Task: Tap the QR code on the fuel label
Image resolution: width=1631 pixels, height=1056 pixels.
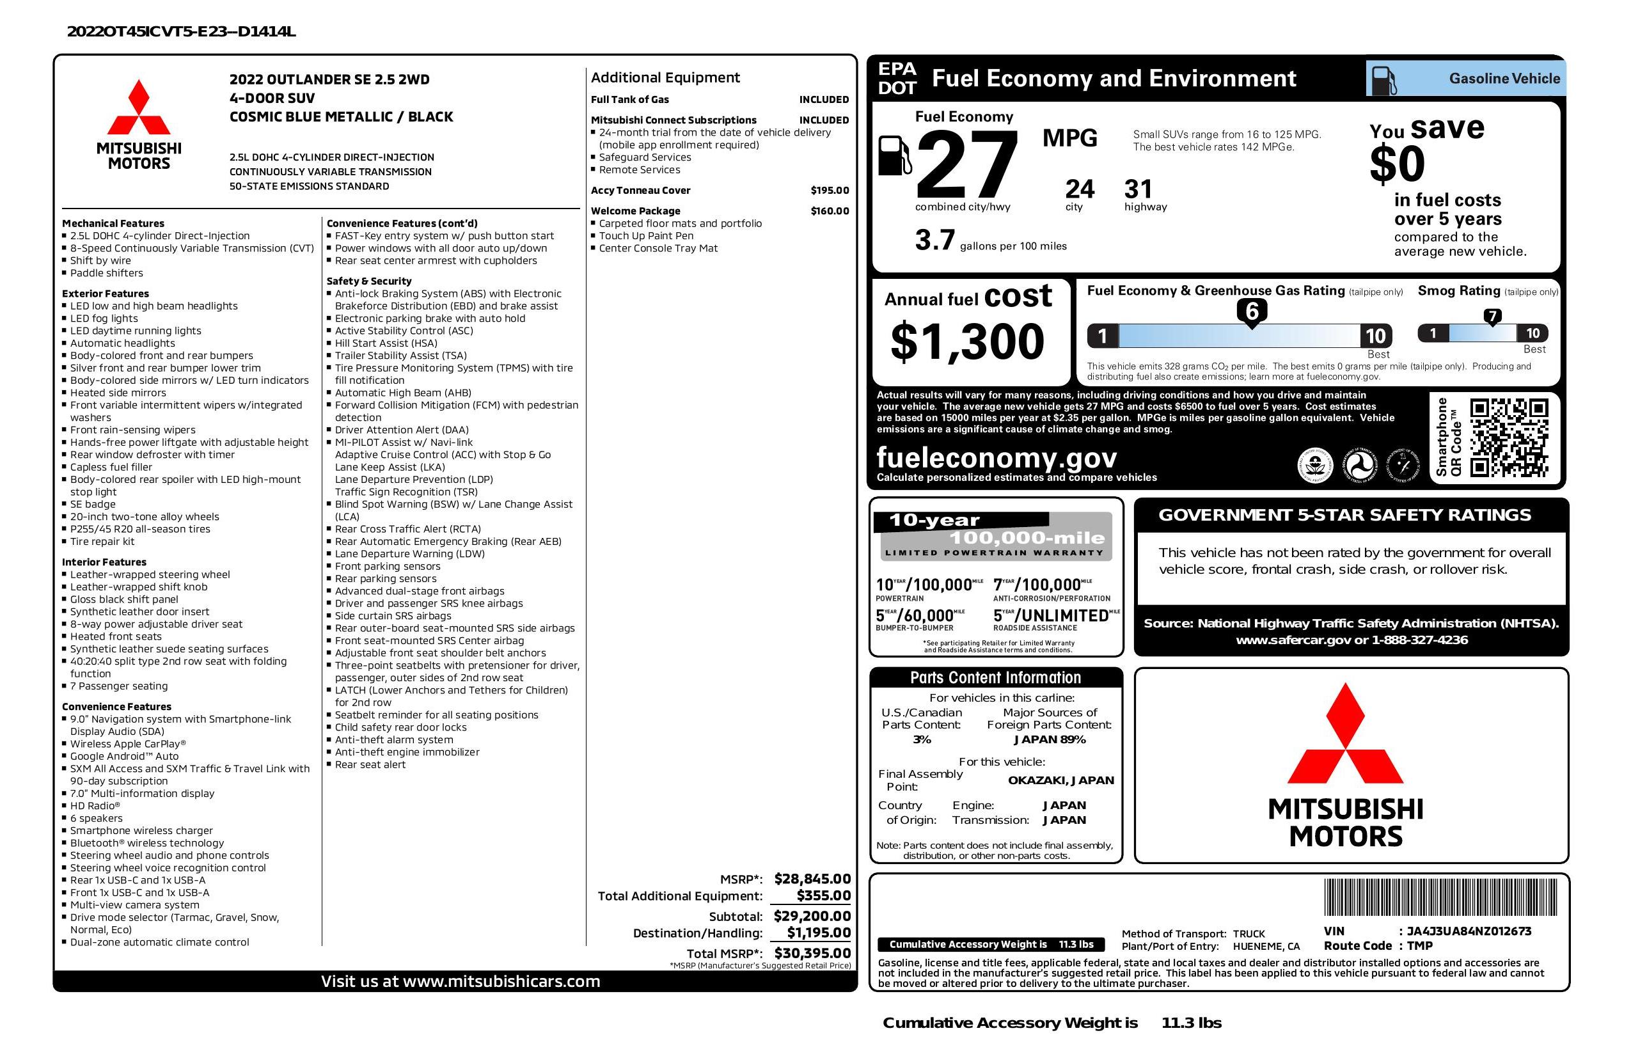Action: coord(1508,437)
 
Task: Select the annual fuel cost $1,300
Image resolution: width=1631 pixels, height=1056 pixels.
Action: coord(967,342)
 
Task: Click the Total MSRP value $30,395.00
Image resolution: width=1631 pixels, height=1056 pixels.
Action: coord(812,952)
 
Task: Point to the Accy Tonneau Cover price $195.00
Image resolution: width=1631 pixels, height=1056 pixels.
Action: coord(829,191)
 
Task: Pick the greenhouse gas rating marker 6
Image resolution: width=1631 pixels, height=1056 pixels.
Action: coord(1251,311)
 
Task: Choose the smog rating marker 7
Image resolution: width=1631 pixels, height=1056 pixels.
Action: coord(1492,316)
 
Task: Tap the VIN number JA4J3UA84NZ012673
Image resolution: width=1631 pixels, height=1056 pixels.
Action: coord(1469,931)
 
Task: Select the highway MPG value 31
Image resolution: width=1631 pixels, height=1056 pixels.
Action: coord(1139,189)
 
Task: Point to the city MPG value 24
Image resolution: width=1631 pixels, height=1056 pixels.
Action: coord(1080,189)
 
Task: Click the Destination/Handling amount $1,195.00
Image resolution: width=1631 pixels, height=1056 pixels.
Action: coord(818,933)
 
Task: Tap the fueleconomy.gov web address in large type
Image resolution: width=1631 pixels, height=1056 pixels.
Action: coord(997,457)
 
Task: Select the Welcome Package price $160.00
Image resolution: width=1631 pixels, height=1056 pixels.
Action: coord(829,211)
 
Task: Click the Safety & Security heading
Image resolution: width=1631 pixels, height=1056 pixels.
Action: coord(368,281)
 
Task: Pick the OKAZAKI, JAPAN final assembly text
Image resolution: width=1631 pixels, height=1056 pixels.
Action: coord(1060,780)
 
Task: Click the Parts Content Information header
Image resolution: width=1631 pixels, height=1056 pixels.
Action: coord(995,678)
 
